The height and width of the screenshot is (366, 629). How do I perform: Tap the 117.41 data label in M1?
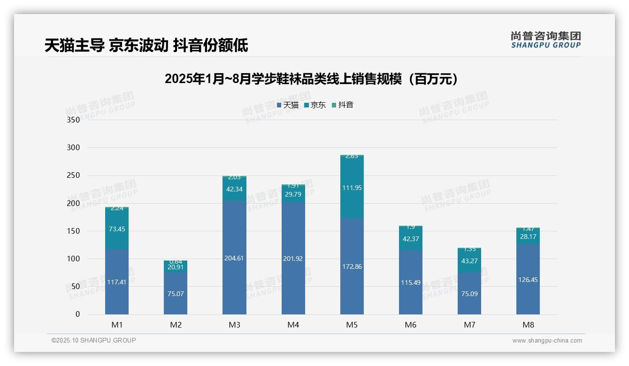pos(117,282)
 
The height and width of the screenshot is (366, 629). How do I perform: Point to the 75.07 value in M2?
pos(176,294)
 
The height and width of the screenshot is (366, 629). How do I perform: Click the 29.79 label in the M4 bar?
pos(293,194)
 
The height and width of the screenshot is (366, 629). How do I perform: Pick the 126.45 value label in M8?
pos(528,280)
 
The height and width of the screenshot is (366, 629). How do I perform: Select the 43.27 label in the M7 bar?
pos(469,261)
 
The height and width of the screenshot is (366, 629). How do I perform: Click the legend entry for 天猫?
pos(287,105)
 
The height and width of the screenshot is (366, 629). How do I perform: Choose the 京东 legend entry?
pos(314,105)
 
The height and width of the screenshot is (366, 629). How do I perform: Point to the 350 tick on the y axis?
pos(74,120)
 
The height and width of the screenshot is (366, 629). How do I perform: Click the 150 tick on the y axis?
pos(74,231)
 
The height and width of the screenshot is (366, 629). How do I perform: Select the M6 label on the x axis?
pos(410,325)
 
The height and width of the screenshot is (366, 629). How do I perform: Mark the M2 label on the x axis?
pos(176,325)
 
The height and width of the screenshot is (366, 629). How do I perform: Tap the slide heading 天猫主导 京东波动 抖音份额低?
pos(146,46)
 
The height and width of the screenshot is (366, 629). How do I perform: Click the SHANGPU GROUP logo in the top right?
pos(545,40)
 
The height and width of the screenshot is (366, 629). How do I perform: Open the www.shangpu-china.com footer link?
pos(547,341)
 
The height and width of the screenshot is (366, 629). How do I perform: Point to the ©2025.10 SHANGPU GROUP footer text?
pos(94,340)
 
